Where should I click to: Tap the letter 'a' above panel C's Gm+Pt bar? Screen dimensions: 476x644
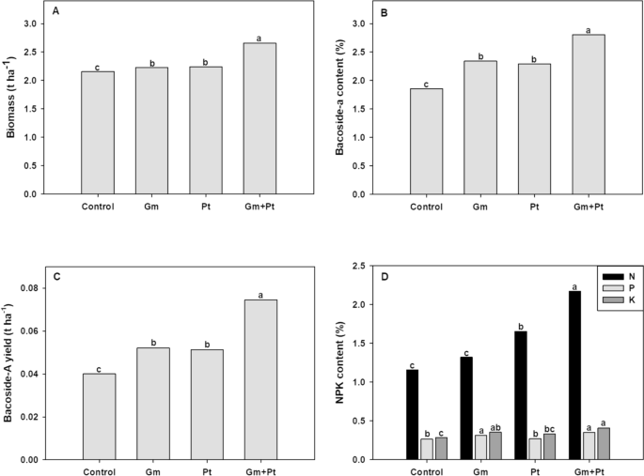[262, 291]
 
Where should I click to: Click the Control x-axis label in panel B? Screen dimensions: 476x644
[427, 207]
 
